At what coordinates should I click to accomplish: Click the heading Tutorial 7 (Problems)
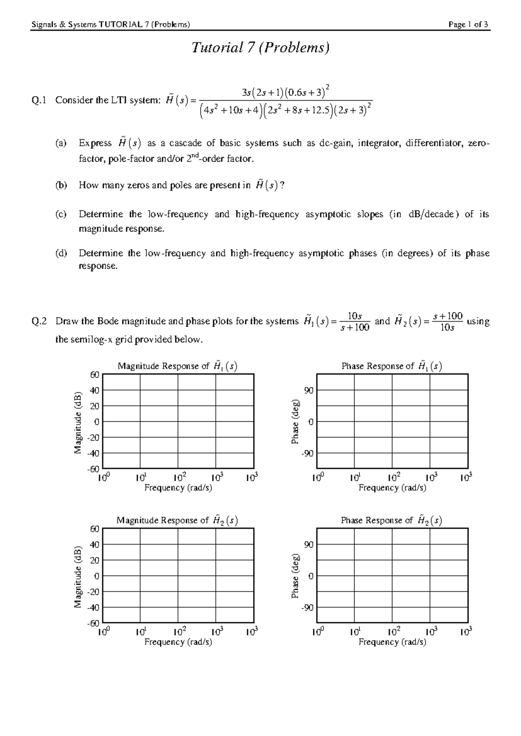260,47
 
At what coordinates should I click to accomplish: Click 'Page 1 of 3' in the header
468,25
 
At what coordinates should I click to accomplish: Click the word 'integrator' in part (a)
377,143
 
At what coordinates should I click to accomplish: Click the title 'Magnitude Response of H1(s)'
177,366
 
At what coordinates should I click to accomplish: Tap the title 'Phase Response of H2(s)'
391,520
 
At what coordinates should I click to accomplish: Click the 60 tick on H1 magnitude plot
94,375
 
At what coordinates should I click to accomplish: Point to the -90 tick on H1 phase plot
307,453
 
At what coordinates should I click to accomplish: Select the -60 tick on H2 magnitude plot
93,624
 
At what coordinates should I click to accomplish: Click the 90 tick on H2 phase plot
308,545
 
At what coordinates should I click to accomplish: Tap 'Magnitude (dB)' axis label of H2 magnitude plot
78,576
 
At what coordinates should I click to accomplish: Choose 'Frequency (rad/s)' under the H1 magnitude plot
178,488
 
